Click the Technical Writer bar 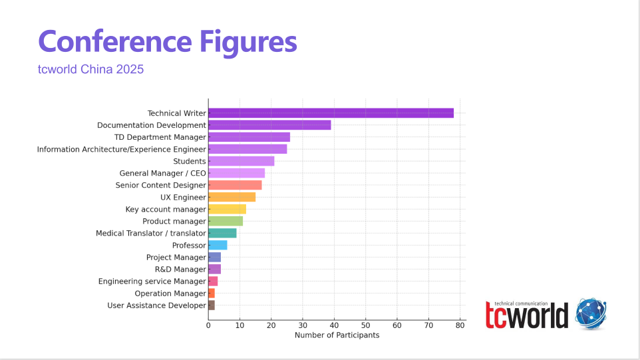click(x=331, y=113)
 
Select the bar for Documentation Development click(x=269, y=125)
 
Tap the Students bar click(x=241, y=161)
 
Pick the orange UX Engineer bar click(x=232, y=197)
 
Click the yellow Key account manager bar click(x=227, y=209)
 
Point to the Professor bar click(x=218, y=245)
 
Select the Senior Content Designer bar click(x=235, y=185)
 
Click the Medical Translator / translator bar click(x=222, y=233)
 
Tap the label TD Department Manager click(x=160, y=137)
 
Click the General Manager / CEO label click(x=162, y=173)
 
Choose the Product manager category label click(x=174, y=221)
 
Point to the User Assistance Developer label click(x=156, y=305)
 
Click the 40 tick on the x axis click(x=334, y=325)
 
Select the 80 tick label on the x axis click(x=460, y=325)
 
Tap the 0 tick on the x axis click(x=208, y=325)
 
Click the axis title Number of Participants click(x=337, y=335)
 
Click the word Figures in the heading click(x=247, y=42)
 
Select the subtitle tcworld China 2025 click(x=90, y=69)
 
